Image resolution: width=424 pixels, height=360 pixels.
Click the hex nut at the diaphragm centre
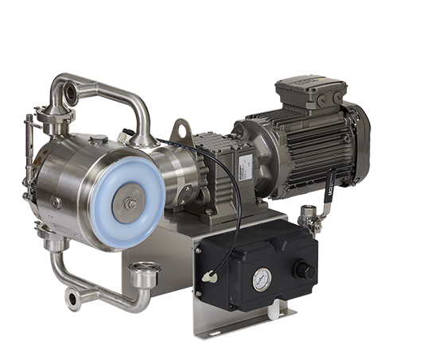[x=130, y=204]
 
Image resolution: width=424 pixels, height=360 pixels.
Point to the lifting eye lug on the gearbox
[x=184, y=129]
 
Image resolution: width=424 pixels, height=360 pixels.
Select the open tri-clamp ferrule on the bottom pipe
[x=146, y=276]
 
